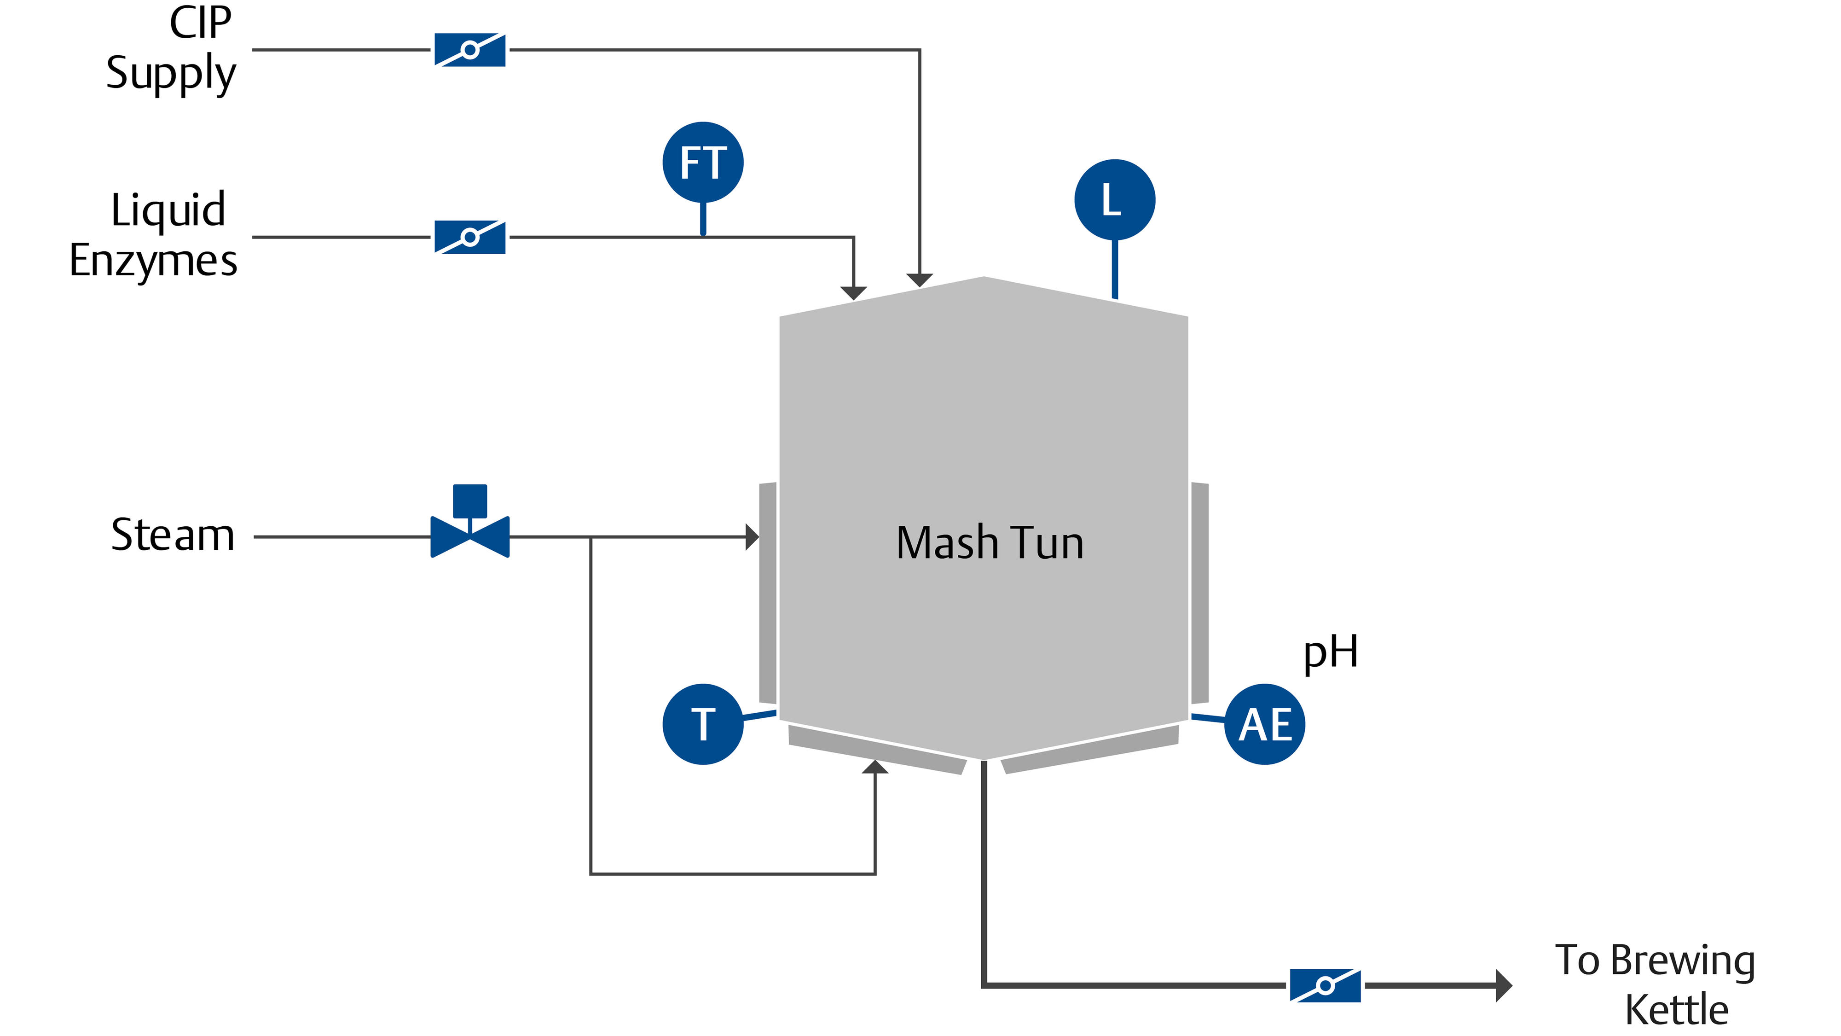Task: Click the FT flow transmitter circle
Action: click(702, 163)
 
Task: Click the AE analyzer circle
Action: click(1264, 724)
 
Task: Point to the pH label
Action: click(1330, 652)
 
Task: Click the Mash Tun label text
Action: click(990, 543)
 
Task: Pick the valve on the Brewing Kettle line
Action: click(1325, 986)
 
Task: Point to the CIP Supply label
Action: click(172, 49)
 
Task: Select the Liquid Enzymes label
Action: click(154, 234)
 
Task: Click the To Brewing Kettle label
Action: click(1655, 984)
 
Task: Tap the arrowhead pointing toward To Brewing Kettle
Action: click(1503, 985)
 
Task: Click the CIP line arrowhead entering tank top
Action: click(919, 280)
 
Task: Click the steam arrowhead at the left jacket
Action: click(752, 536)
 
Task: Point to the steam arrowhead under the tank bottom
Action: click(875, 767)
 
